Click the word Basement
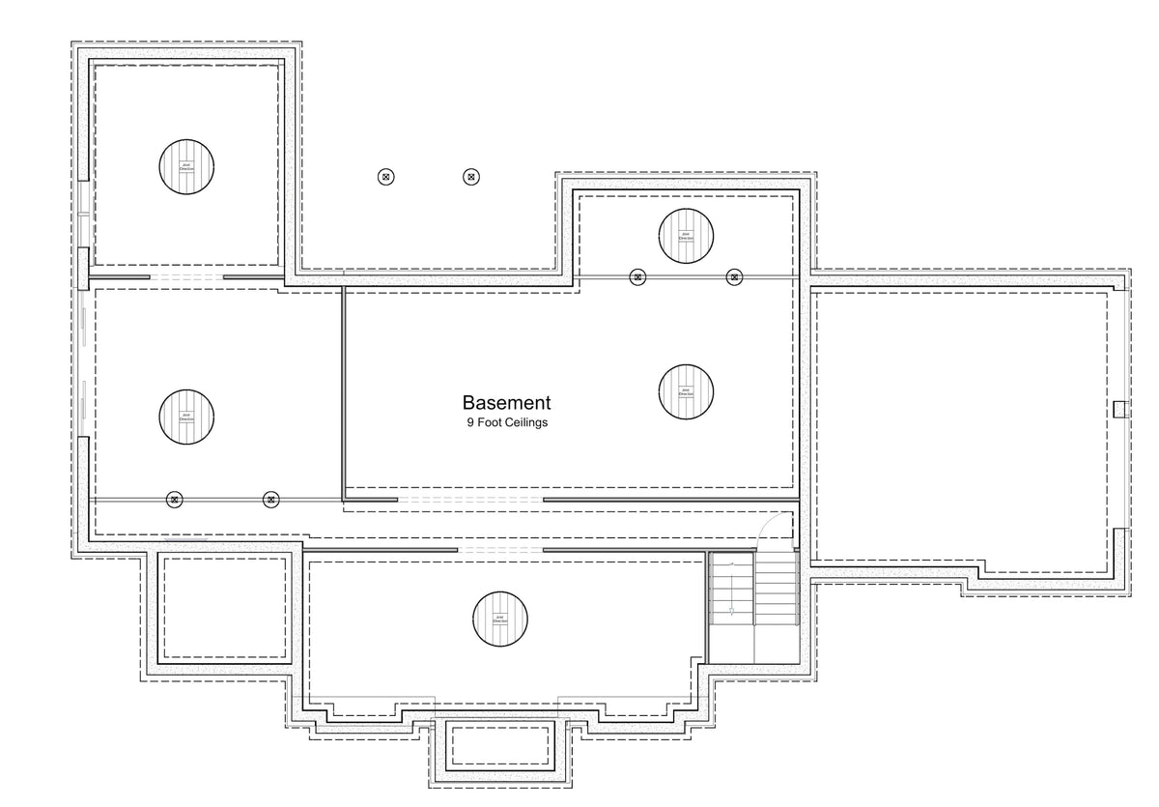pos(506,403)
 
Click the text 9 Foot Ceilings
pos(506,422)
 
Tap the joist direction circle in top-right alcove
pos(687,235)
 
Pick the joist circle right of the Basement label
pos(686,391)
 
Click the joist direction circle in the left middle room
pos(186,417)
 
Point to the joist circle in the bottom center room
pos(500,618)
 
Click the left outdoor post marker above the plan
pos(385,177)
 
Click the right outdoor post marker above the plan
pos(470,177)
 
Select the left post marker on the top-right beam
pos(637,277)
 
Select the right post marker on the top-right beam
pos(734,277)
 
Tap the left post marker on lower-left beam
pos(175,500)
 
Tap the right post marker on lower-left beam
pos(271,500)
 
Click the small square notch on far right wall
pos(1119,408)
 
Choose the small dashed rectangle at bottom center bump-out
pos(499,745)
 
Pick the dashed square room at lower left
pos(225,606)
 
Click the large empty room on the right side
pos(966,425)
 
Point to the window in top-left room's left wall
pos(85,214)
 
